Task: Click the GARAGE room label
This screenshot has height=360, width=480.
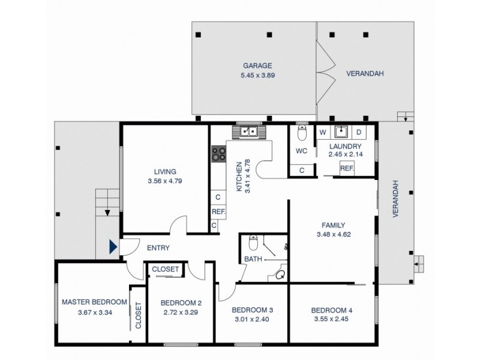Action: pos(257,65)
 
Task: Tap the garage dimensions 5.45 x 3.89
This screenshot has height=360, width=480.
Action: pos(257,76)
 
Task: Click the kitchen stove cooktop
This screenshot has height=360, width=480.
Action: pos(218,154)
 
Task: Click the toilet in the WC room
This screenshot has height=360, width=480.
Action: pos(302,132)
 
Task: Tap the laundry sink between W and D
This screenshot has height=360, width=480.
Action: pos(340,131)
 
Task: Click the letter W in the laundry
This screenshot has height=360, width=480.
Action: pos(322,132)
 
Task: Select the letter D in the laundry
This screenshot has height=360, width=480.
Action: pos(359,132)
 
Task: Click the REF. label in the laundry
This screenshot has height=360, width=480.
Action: pos(346,169)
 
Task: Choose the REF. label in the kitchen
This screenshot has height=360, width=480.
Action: pos(217,211)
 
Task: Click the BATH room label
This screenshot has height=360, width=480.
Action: pos(251,259)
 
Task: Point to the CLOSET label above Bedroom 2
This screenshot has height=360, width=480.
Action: pos(165,269)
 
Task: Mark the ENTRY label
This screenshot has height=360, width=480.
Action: pos(158,248)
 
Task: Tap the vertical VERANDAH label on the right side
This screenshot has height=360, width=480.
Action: pos(396,201)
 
